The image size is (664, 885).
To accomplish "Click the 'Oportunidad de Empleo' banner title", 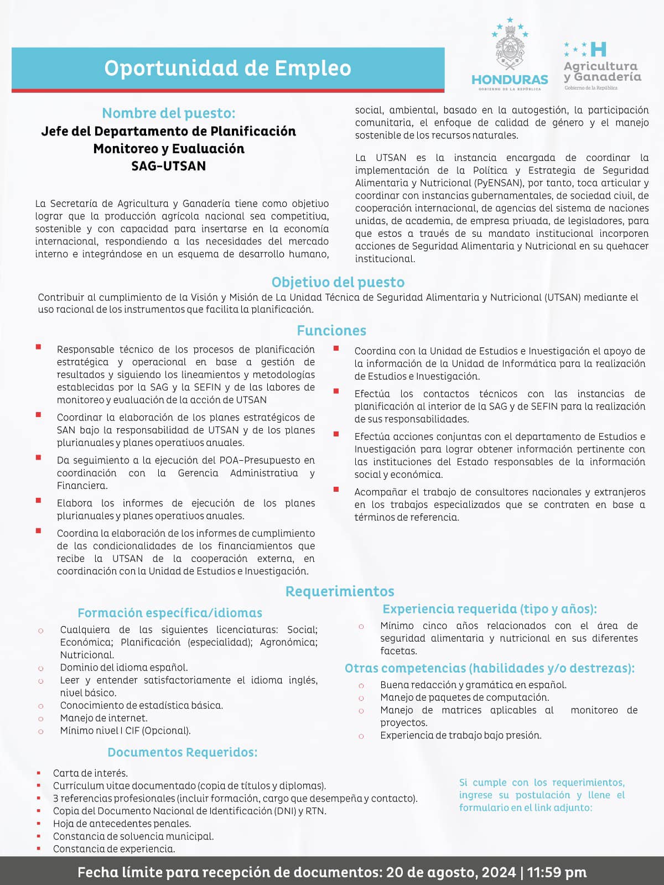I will coord(227,68).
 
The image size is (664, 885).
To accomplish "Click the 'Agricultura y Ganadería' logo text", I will coord(602,71).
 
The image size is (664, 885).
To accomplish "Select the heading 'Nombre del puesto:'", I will coord(169,113).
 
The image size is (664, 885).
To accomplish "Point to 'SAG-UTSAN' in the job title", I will coord(169,166).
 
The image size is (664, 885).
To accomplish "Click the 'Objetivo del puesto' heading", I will coord(338,282).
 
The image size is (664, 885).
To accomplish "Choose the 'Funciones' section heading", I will coord(331,330).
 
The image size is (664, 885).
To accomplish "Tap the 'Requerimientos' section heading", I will coord(339,591).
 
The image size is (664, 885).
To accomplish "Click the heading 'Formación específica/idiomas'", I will coord(170,613).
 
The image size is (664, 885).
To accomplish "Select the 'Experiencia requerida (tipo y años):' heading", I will coord(490,609).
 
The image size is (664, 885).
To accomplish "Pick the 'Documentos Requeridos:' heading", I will coord(183,752).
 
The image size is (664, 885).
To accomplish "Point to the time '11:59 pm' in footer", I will coord(556,872).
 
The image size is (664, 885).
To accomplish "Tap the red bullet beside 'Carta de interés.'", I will coord(39,773).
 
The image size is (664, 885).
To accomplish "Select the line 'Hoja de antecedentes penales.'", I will coord(122,824).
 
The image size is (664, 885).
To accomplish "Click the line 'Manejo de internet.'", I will coord(103,718).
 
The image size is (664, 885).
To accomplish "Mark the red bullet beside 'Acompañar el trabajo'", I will coord(336,490).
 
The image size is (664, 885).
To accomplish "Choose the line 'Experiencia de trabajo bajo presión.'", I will coord(460,735).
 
